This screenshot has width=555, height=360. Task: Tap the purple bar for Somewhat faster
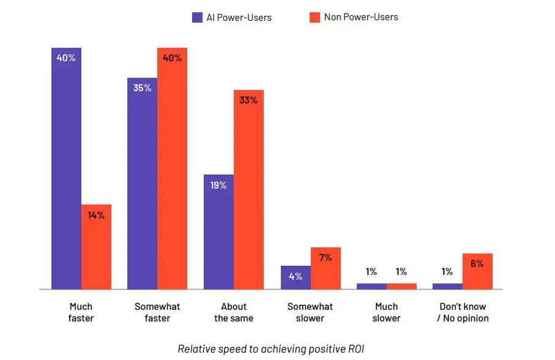[142, 184]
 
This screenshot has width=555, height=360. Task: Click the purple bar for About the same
[218, 232]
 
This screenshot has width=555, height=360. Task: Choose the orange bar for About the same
[248, 190]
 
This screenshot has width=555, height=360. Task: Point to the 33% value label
[248, 100]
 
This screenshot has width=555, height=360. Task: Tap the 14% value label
[96, 215]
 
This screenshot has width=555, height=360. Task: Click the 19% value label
[218, 185]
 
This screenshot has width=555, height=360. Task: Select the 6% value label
[477, 264]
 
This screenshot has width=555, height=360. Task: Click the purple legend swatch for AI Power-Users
[197, 17]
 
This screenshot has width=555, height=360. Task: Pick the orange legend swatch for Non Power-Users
[315, 17]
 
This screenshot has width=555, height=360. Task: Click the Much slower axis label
[386, 312]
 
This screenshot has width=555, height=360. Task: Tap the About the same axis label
[234, 312]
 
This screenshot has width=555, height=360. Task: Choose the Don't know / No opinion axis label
[463, 312]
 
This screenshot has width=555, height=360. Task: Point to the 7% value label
[325, 258]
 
